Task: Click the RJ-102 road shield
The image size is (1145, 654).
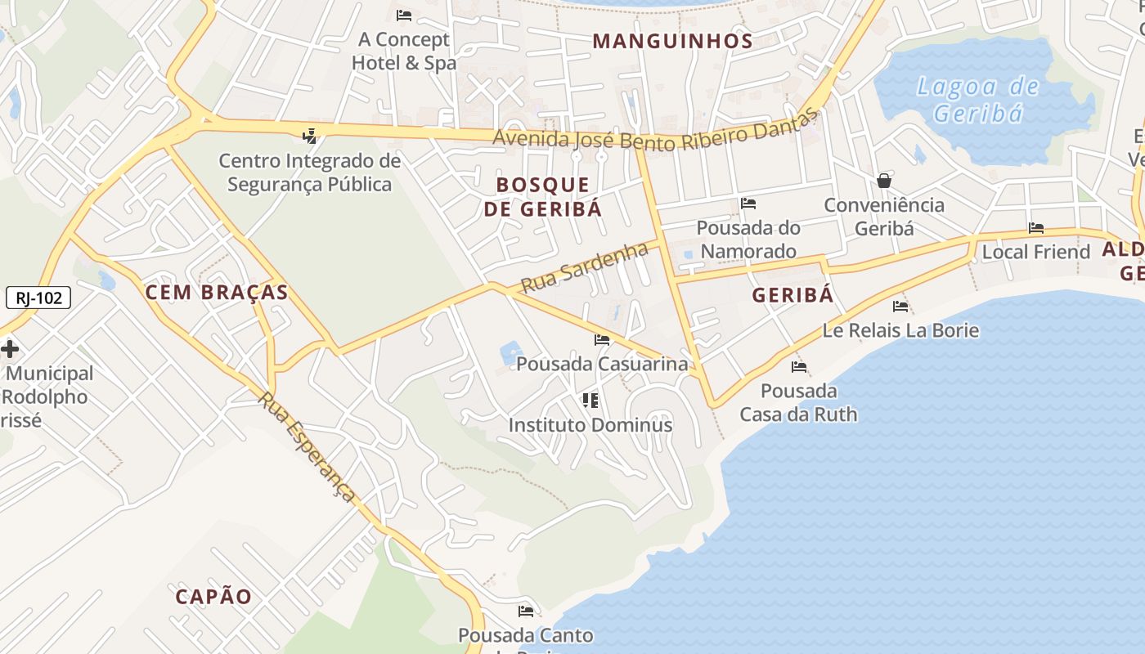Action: pyautogui.click(x=38, y=298)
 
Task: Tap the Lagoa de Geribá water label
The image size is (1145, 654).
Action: pyautogui.click(x=978, y=99)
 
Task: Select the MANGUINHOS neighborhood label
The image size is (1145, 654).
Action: pyautogui.click(x=672, y=41)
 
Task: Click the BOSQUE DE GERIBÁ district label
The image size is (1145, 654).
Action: pyautogui.click(x=543, y=196)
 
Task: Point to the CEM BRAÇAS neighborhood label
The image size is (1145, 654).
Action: pyautogui.click(x=217, y=292)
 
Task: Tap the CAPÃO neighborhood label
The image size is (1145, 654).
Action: pyautogui.click(x=214, y=596)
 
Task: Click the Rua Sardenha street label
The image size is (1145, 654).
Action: pyautogui.click(x=584, y=267)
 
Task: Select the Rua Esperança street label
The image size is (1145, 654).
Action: pyautogui.click(x=308, y=446)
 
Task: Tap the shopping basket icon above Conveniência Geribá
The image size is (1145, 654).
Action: pyautogui.click(x=884, y=181)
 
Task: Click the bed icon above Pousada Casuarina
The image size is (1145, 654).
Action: pyautogui.click(x=602, y=340)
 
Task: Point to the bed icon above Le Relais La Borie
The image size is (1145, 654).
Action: pyautogui.click(x=900, y=307)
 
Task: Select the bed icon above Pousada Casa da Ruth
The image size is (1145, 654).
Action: pyautogui.click(x=799, y=367)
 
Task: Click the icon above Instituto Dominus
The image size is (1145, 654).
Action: pyautogui.click(x=590, y=401)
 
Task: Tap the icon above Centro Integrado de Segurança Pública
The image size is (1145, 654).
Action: pyautogui.click(x=309, y=136)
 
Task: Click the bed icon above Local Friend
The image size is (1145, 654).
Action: pyautogui.click(x=1036, y=228)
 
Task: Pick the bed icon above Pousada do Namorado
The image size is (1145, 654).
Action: pyautogui.click(x=748, y=204)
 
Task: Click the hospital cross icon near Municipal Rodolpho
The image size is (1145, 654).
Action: pyautogui.click(x=10, y=350)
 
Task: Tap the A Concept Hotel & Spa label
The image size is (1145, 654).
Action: pyautogui.click(x=404, y=51)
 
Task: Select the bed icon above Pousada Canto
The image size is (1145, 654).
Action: pyautogui.click(x=526, y=611)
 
